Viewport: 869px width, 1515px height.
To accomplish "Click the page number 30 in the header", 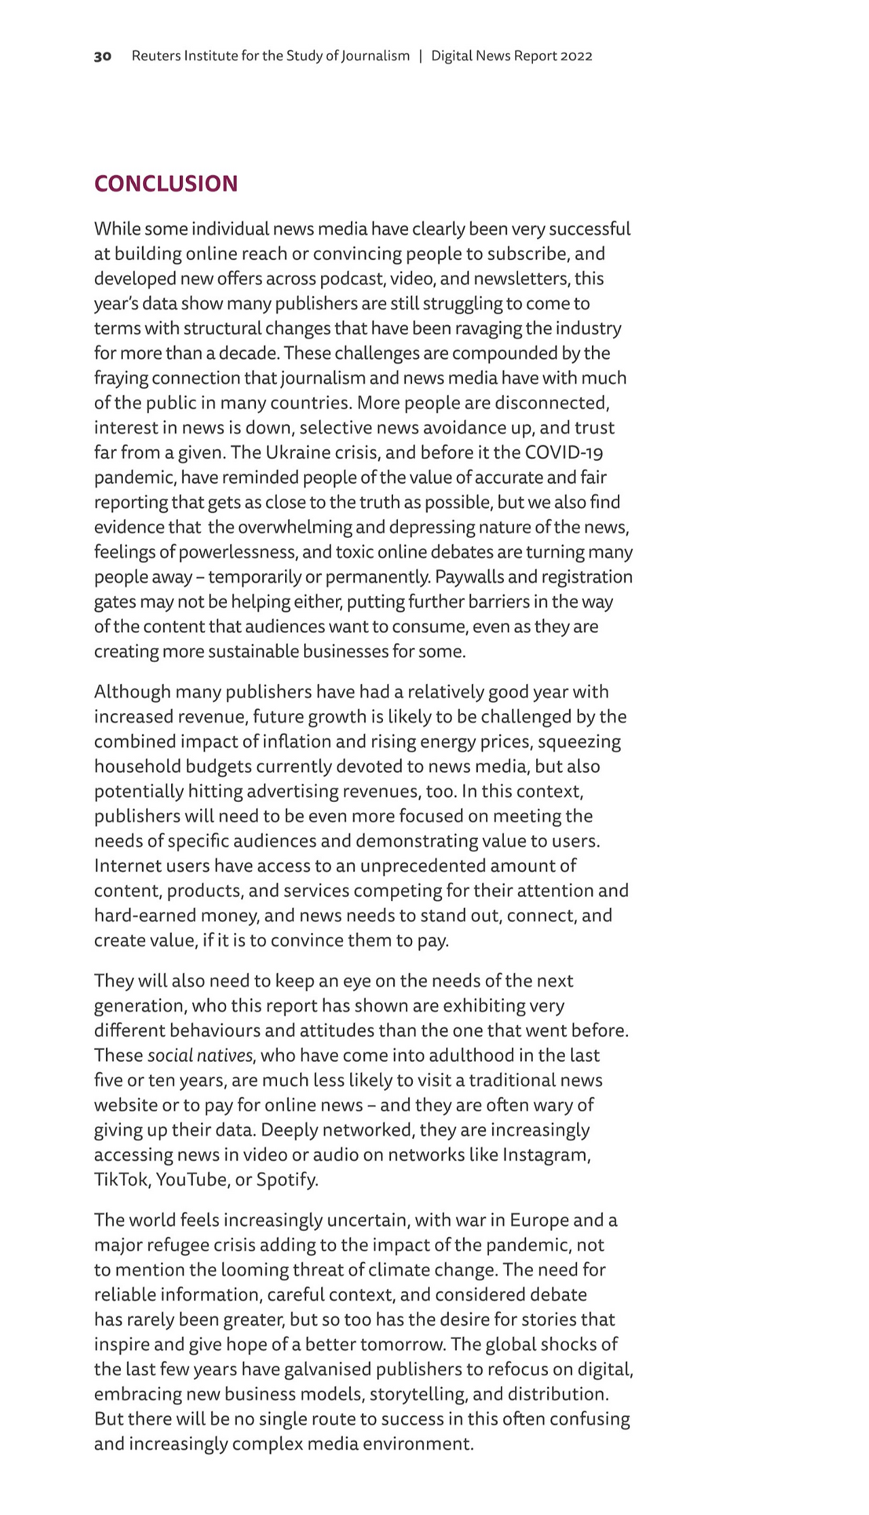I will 103,56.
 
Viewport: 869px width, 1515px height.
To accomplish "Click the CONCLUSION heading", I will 166,184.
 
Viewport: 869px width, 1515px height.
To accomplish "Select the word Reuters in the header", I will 155,56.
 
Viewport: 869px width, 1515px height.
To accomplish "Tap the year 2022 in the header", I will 576,56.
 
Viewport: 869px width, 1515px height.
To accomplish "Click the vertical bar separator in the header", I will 421,56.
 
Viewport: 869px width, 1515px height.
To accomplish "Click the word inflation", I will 302,742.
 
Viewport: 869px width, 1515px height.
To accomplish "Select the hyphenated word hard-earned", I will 145,915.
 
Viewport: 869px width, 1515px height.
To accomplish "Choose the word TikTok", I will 121,1180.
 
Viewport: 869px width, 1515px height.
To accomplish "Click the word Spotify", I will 287,1180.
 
